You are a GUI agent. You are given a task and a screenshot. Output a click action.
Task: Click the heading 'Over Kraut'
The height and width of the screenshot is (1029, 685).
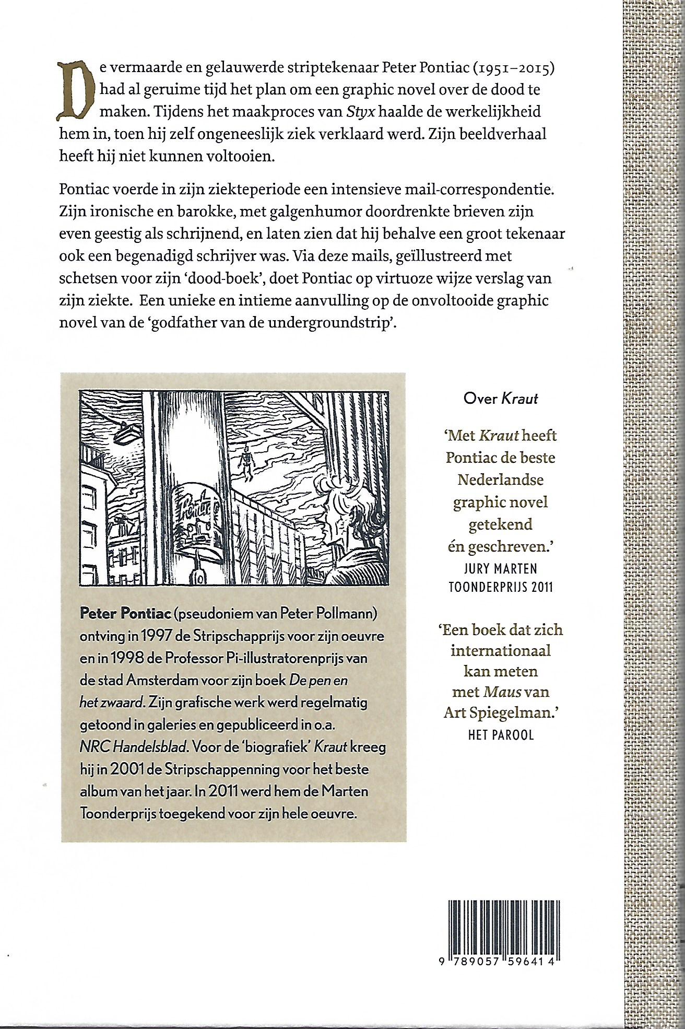pyautogui.click(x=500, y=399)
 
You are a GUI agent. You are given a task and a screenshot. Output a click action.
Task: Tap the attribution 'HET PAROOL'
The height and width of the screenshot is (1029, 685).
pyautogui.click(x=501, y=735)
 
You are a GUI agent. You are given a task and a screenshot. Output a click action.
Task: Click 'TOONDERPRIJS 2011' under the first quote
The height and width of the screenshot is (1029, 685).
pyautogui.click(x=501, y=587)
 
